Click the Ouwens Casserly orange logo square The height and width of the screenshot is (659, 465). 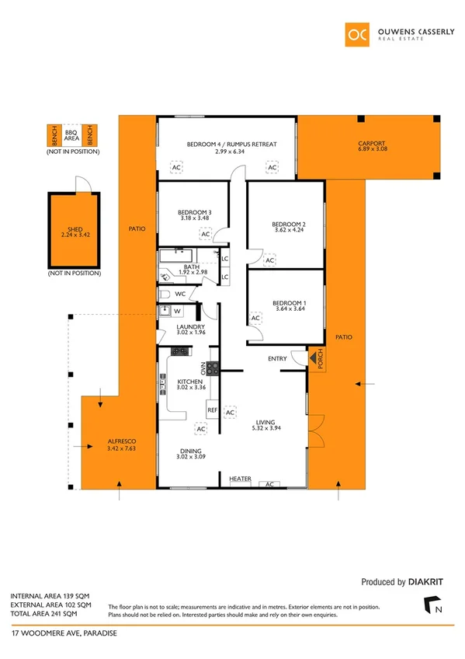(x=359, y=35)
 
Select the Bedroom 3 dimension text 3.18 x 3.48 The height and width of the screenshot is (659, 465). (x=195, y=219)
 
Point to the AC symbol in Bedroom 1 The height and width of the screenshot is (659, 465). (x=255, y=317)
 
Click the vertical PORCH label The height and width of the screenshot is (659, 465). (x=317, y=358)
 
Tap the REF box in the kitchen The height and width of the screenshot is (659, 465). (x=211, y=409)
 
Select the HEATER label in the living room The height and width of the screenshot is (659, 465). (x=241, y=479)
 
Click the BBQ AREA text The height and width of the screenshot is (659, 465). (x=71, y=136)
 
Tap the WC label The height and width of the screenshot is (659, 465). (x=179, y=295)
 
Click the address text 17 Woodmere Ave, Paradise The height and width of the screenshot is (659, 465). (x=64, y=633)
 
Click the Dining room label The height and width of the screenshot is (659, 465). (x=190, y=452)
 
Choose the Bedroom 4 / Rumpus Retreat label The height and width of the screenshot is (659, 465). (x=231, y=145)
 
